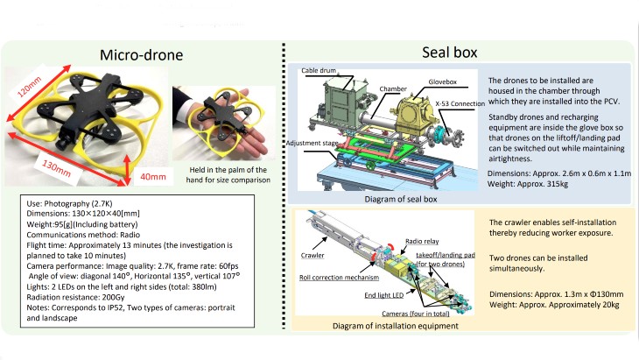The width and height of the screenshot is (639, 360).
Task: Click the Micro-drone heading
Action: point(139,55)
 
